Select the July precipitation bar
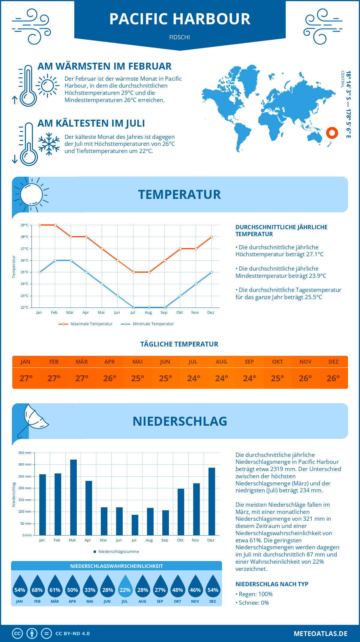135,525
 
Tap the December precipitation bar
212,501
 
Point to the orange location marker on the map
332,133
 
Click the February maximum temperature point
55,225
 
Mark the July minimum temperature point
133,307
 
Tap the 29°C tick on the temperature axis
25,225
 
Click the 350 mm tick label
25,453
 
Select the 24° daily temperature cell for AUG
221,378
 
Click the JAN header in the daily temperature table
25,362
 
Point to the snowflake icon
49,144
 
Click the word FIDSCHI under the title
179,37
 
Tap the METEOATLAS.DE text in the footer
320,634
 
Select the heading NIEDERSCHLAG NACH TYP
272,584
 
